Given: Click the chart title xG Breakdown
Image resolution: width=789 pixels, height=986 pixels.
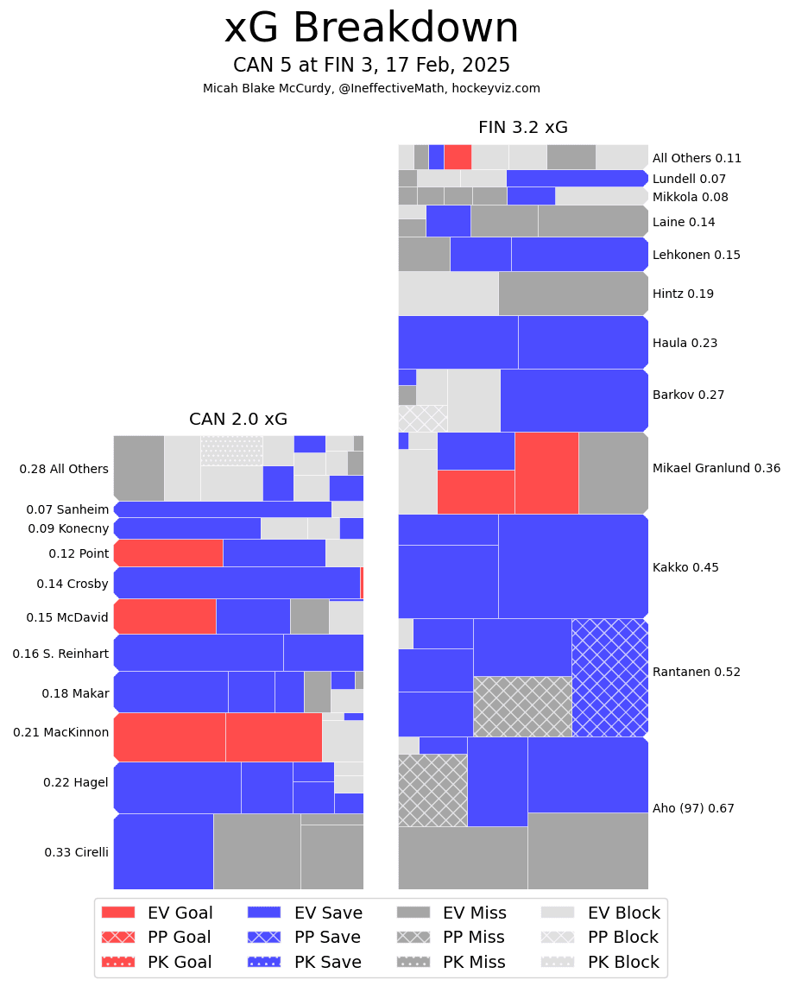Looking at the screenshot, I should (x=371, y=28).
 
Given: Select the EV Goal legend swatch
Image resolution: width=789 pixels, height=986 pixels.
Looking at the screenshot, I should (x=118, y=913).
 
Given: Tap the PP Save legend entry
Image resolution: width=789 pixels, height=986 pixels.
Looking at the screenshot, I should (x=304, y=937).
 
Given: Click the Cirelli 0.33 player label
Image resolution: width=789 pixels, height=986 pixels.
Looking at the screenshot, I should (x=76, y=852).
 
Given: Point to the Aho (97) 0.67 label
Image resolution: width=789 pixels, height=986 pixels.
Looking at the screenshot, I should (x=693, y=808).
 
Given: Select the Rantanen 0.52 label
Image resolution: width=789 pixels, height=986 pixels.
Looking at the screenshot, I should (x=696, y=672).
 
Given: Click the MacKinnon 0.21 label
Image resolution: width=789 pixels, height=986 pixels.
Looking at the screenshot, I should (x=60, y=732).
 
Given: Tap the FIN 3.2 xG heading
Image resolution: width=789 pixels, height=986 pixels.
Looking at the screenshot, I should (x=522, y=128).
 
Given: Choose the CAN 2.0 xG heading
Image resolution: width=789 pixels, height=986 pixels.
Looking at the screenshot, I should (x=238, y=420).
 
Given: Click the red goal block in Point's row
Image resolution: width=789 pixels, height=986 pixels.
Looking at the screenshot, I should (x=168, y=553).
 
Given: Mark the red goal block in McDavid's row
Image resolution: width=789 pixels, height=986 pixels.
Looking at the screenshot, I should (x=165, y=616).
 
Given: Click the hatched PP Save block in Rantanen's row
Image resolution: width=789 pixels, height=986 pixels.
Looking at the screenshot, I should (x=609, y=677).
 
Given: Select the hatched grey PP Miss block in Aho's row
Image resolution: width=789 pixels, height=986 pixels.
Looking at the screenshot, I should (x=432, y=790).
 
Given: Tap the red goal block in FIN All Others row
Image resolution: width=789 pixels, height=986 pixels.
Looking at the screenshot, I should (x=458, y=156).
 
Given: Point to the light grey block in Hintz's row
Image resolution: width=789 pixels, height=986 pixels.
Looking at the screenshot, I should (x=448, y=294).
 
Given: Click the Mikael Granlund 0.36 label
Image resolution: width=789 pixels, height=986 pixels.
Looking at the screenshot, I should (x=716, y=468).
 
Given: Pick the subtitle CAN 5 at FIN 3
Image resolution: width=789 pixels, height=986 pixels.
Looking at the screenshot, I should (x=371, y=66).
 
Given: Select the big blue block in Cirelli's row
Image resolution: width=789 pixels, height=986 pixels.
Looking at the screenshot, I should (x=163, y=850).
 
